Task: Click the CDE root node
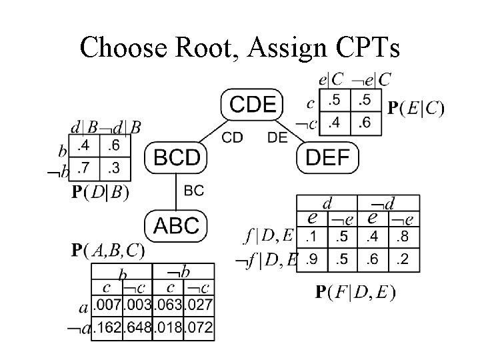[x=252, y=104]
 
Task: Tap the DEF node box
[x=327, y=158]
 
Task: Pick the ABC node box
[x=176, y=225]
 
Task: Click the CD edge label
[x=231, y=137]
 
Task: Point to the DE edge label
[x=277, y=137]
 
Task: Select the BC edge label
[x=193, y=191]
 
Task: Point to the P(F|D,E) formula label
[x=355, y=291]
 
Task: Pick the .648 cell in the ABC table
[x=138, y=329]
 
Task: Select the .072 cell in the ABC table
[x=199, y=329]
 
